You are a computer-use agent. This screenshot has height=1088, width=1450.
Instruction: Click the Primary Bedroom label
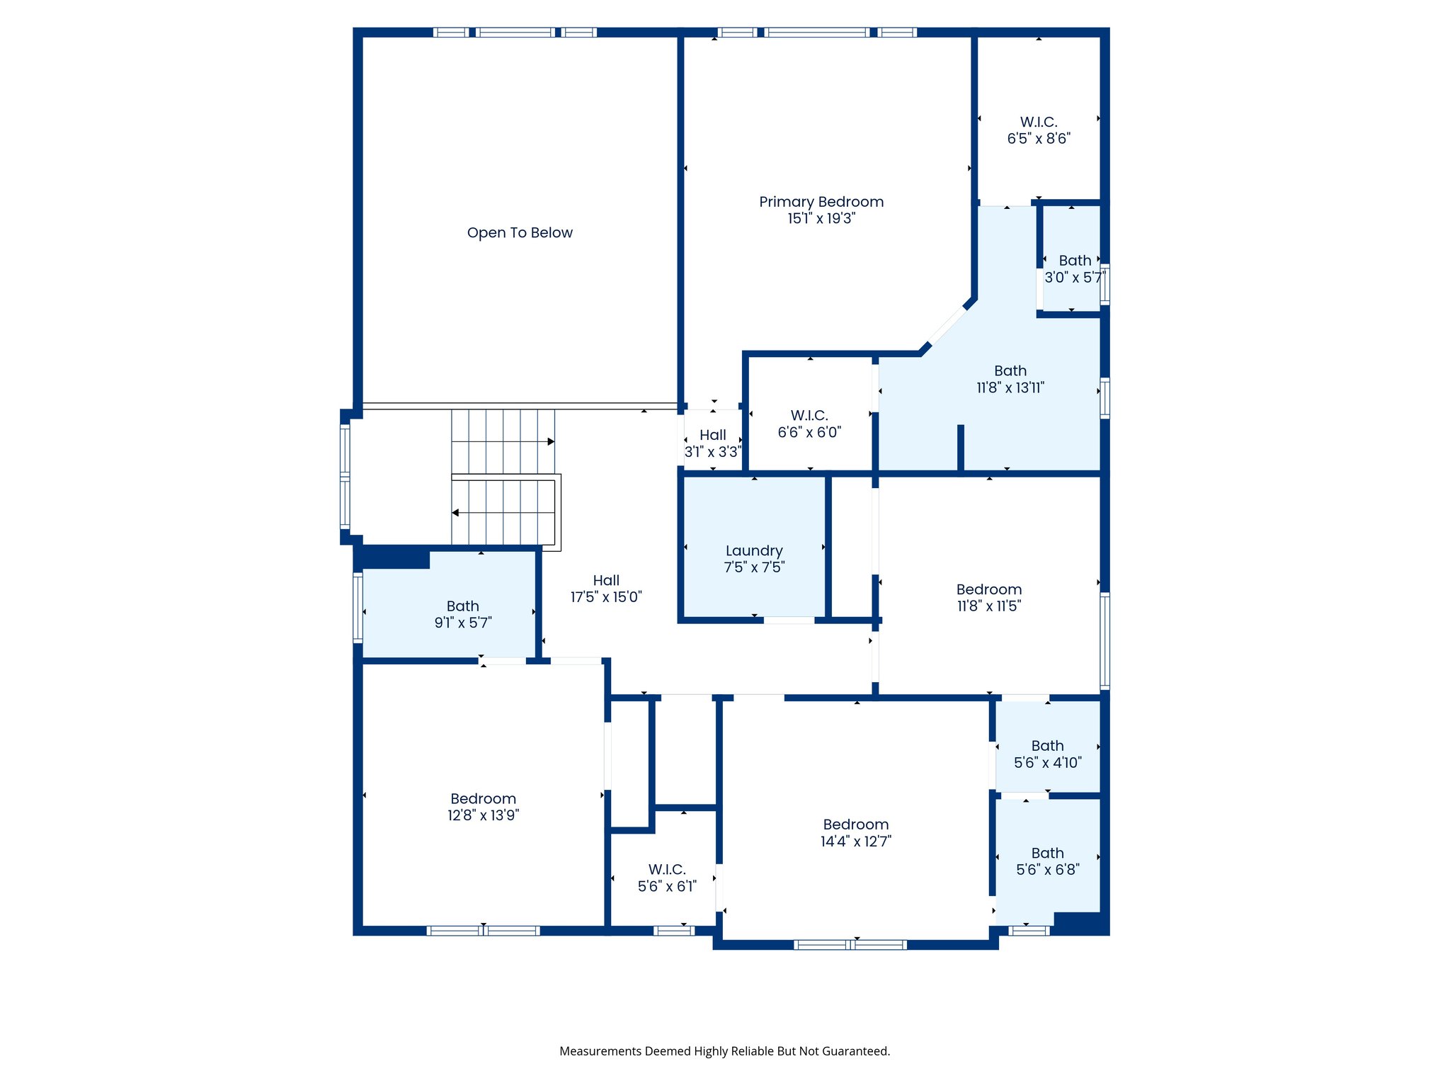click(821, 202)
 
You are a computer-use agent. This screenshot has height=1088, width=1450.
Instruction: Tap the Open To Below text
click(520, 233)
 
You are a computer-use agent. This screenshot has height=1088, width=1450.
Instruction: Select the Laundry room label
click(754, 551)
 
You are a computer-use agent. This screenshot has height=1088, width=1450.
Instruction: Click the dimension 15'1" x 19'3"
click(821, 219)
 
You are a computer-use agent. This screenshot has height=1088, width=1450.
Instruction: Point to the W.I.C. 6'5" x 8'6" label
click(1039, 130)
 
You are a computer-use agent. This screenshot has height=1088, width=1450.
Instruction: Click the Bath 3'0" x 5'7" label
click(1075, 269)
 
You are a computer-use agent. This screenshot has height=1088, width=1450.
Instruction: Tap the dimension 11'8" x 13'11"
click(1010, 387)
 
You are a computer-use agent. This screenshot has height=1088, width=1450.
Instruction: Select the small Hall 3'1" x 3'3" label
click(713, 443)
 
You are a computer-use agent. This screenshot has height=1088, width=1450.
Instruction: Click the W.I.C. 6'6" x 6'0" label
click(809, 424)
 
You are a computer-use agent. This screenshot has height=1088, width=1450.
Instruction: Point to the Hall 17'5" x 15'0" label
click(606, 589)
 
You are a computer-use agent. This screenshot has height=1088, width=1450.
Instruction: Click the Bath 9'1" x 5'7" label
click(463, 614)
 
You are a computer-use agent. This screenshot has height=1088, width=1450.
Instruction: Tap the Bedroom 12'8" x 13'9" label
click(483, 807)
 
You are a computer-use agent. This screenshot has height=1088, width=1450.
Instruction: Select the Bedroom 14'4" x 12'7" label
click(856, 833)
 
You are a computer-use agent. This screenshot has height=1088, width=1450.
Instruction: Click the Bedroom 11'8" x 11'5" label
click(989, 597)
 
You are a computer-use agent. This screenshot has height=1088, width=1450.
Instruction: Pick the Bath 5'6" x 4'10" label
click(1048, 754)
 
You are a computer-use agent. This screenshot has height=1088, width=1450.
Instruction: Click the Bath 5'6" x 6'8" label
click(1048, 861)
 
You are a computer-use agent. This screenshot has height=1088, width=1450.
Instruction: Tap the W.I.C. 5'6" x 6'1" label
click(667, 878)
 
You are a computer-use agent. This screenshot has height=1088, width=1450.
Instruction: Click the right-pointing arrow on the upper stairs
click(551, 442)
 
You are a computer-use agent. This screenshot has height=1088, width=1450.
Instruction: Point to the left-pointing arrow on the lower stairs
click(455, 513)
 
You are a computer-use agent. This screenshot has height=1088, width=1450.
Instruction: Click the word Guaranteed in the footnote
click(855, 1051)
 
